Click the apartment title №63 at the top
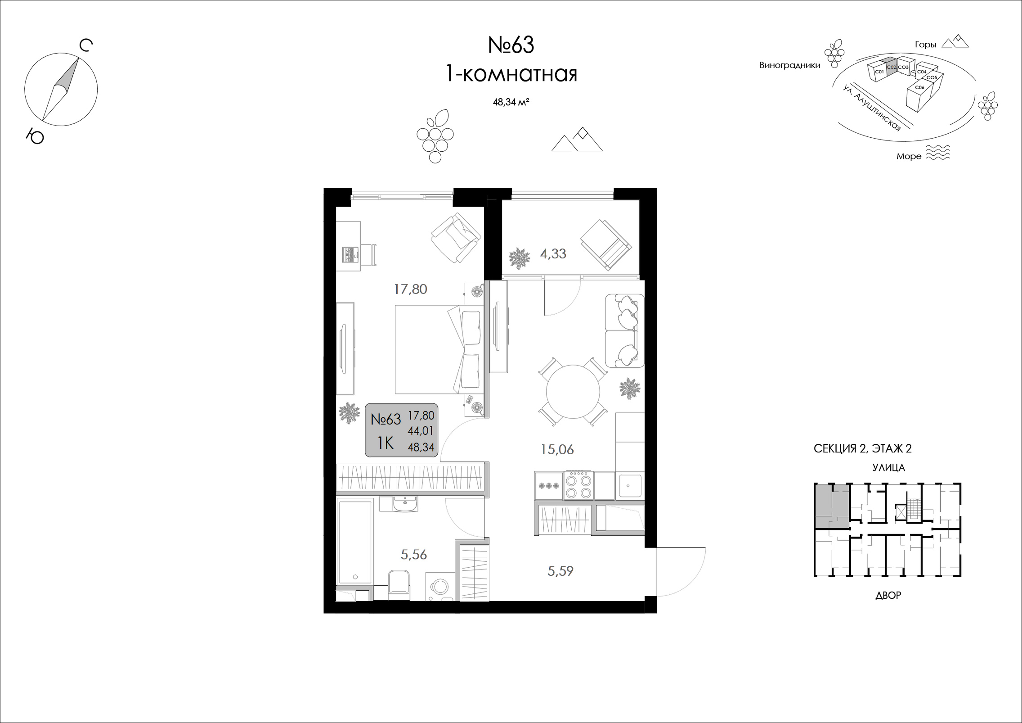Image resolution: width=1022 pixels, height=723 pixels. click(x=511, y=45)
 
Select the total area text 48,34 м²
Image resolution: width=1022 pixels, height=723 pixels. click(x=511, y=102)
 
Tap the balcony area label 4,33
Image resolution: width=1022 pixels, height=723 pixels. click(x=553, y=254)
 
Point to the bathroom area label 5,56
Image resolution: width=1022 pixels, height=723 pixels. click(x=413, y=555)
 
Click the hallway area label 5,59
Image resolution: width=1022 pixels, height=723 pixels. click(x=560, y=571)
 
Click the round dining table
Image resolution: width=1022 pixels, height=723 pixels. click(x=573, y=392)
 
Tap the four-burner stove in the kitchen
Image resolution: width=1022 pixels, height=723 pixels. click(x=578, y=485)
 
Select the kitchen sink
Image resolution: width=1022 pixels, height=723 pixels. click(x=630, y=485)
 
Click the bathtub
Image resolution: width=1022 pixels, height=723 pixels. click(x=355, y=544)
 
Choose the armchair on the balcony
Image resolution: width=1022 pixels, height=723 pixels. click(x=605, y=244)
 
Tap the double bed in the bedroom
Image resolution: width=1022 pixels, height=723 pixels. click(x=439, y=349)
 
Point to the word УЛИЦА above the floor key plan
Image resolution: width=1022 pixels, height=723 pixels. click(x=888, y=468)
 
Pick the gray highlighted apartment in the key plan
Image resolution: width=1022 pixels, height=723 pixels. click(x=831, y=506)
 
